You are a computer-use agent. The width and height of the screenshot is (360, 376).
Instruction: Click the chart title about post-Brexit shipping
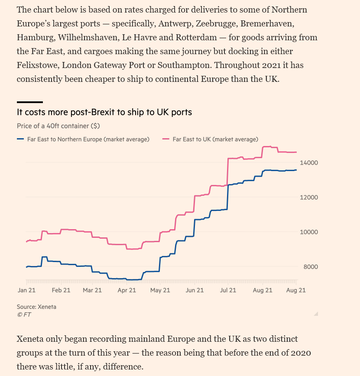tap(104, 112)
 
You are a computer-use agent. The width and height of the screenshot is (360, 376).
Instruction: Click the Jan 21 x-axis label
tap(26, 290)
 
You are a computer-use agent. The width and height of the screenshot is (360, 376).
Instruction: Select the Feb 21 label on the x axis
tap(61, 290)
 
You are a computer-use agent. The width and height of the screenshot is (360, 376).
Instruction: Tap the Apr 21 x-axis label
tap(127, 290)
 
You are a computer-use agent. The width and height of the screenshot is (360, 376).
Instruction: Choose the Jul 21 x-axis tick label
tap(227, 290)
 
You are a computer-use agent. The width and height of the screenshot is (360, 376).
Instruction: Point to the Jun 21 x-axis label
tap(195, 290)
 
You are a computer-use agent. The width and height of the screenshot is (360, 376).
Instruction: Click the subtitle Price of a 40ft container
tap(58, 126)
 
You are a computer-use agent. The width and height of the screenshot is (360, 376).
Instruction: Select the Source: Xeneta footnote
tap(36, 307)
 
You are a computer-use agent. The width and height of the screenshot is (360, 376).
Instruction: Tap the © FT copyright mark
tap(24, 314)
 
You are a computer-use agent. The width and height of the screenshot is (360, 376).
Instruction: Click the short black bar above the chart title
tap(30, 102)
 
